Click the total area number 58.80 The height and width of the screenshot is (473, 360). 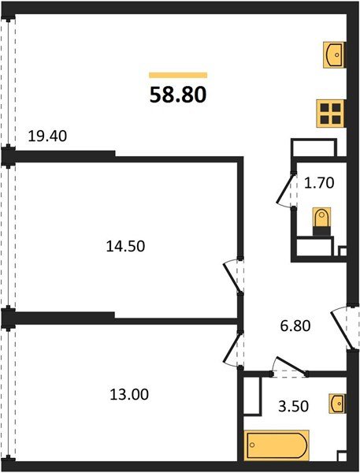[178, 95]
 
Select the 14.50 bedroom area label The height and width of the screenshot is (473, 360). [126, 245]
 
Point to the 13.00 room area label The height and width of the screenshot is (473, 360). [129, 393]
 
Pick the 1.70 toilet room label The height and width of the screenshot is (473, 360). [321, 184]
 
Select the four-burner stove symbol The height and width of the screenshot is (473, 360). [331, 113]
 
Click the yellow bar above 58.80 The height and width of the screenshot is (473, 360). [178, 75]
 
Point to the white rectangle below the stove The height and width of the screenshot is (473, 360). [314, 147]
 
